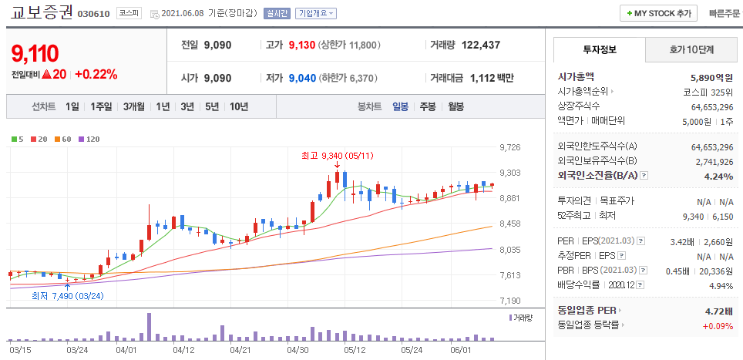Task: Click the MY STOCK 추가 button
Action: (x=658, y=13)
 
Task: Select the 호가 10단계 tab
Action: (x=691, y=50)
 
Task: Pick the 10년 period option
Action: (x=238, y=107)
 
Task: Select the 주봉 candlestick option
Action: (x=427, y=107)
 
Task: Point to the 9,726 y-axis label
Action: (x=510, y=147)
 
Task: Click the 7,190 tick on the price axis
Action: (x=510, y=301)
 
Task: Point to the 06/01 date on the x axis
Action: (x=460, y=349)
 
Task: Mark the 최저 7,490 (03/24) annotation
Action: (x=67, y=295)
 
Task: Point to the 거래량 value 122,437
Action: (x=480, y=45)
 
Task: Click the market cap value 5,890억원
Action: (x=711, y=77)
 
